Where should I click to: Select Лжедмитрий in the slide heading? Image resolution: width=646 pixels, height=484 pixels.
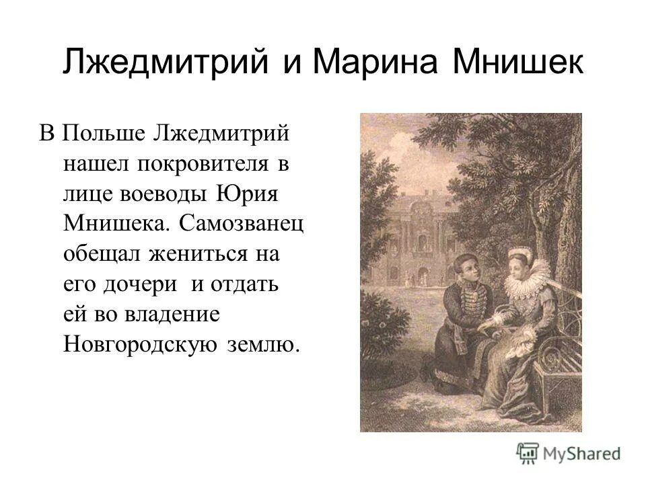[x=168, y=63]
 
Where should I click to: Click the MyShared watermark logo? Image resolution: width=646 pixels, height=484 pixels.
[x=569, y=452]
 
